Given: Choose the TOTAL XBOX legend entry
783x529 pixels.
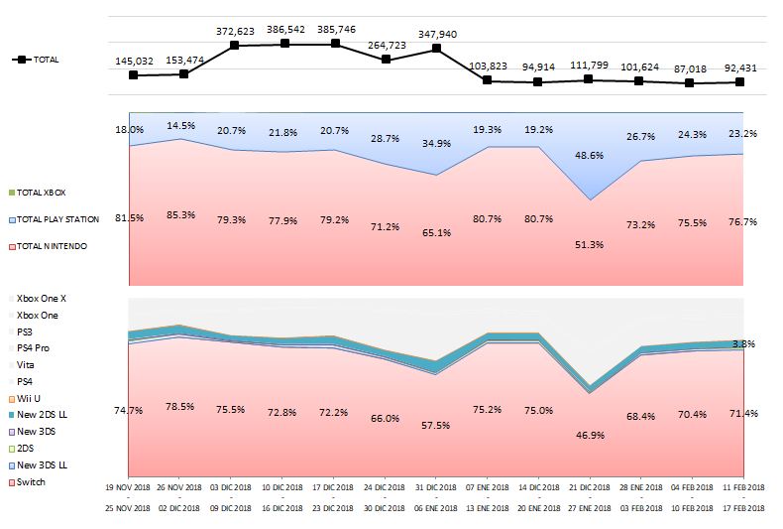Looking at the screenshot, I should (43, 192).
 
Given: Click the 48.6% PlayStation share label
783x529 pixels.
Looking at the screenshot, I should (590, 156).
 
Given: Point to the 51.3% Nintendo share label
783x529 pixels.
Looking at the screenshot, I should (590, 244).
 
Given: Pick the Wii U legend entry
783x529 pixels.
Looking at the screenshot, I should (29, 398).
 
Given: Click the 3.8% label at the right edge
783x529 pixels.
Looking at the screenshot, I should (743, 343).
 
